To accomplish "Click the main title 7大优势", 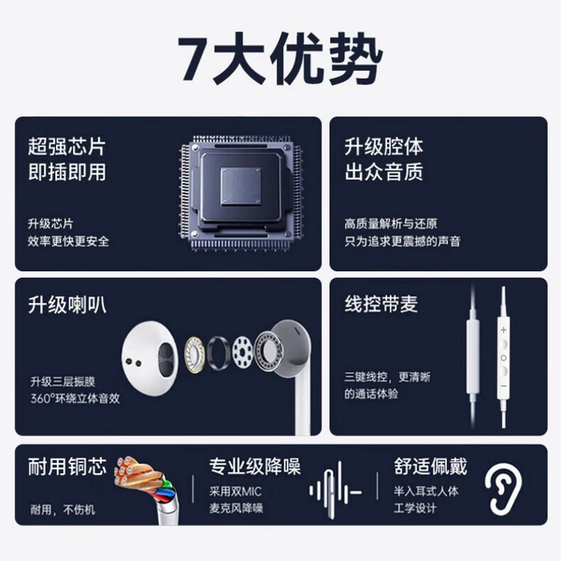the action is click(x=280, y=59).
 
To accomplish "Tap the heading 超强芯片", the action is click(x=67, y=147).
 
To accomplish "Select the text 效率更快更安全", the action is click(x=68, y=241).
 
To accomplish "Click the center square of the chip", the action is click(x=240, y=186).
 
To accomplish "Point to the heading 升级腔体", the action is click(x=384, y=147).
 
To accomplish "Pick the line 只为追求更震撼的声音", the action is click(x=402, y=241).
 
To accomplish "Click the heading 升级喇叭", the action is click(x=67, y=305).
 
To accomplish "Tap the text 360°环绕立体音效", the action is click(x=75, y=398).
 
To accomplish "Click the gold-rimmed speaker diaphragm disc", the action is click(x=195, y=354).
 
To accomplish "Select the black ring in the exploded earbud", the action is click(x=218, y=353).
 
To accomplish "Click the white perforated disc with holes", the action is click(x=242, y=352).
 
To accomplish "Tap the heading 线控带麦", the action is click(x=381, y=304).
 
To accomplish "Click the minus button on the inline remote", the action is click(x=503, y=386).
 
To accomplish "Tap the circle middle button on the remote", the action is click(x=503, y=358).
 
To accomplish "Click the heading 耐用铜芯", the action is click(x=67, y=467).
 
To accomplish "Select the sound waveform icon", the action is click(x=336, y=491).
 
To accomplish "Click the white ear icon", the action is click(x=503, y=489).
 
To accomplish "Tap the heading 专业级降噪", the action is click(x=254, y=467).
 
